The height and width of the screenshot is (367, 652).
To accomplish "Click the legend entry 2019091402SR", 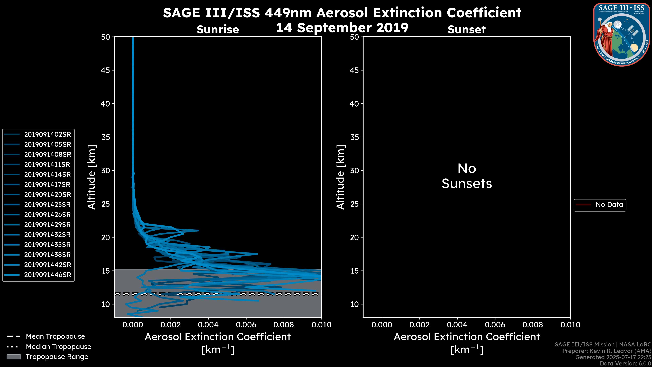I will pyautogui.click(x=47, y=135).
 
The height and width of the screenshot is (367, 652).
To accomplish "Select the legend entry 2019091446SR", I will pyautogui.click(x=47, y=275).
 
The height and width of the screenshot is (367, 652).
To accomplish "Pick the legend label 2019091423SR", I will pyautogui.click(x=47, y=205).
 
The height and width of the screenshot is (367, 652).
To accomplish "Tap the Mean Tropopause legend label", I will pyautogui.click(x=55, y=337).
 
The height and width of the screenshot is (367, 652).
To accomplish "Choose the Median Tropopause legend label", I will pyautogui.click(x=58, y=347).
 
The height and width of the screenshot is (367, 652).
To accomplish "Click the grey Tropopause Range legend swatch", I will pyautogui.click(x=13, y=357).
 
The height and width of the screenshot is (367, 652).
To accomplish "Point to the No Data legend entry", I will pyautogui.click(x=609, y=205).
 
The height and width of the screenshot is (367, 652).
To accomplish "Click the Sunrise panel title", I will pyautogui.click(x=218, y=30).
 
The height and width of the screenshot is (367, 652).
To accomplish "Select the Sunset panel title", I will pyautogui.click(x=466, y=30).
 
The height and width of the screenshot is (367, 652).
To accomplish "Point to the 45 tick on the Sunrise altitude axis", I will pyautogui.click(x=106, y=70).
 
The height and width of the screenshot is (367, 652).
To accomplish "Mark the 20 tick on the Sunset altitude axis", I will pyautogui.click(x=355, y=238).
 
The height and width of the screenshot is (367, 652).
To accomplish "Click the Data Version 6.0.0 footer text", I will pyautogui.click(x=625, y=363).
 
